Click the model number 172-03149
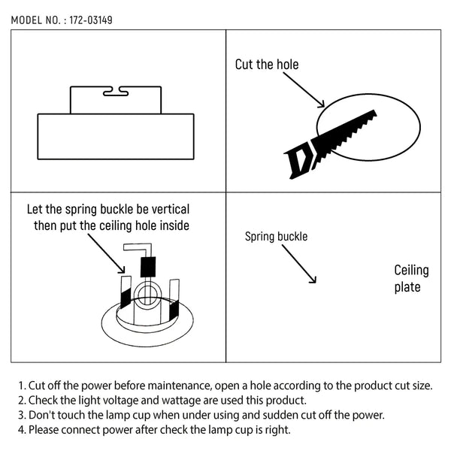click(91, 20)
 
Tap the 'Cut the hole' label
click(267, 65)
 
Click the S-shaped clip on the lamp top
click(116, 91)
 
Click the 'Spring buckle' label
click(276, 237)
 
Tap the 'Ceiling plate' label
click(411, 278)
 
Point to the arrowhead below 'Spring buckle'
click(313, 280)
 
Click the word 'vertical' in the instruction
click(171, 210)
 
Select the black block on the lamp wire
click(148, 267)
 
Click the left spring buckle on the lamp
click(126, 292)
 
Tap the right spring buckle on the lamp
click(174, 300)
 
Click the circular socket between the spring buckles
click(147, 295)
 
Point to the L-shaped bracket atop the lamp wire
click(138, 250)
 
